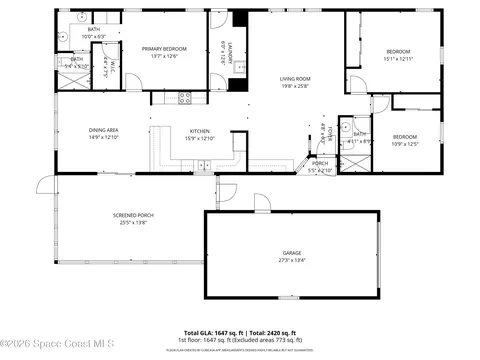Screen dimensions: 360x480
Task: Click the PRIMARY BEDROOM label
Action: click(163, 48)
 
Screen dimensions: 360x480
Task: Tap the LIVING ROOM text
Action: click(295, 78)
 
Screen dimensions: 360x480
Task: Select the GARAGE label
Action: click(291, 256)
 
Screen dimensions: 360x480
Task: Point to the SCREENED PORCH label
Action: click(133, 215)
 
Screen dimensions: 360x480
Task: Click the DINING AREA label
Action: click(104, 130)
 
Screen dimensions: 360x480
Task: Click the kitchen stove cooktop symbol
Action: click(184, 97)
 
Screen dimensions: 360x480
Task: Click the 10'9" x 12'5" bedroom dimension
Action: click(404, 144)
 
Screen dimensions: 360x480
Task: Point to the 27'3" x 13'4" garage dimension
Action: click(291, 264)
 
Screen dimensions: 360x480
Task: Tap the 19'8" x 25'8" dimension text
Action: click(295, 86)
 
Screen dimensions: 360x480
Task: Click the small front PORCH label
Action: click(320, 163)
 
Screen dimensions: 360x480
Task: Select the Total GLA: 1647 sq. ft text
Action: click(216, 332)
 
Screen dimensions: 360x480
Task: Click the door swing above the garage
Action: click(262, 202)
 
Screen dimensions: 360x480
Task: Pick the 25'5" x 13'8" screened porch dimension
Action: click(133, 223)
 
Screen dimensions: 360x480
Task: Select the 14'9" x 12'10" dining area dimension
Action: click(104, 138)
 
